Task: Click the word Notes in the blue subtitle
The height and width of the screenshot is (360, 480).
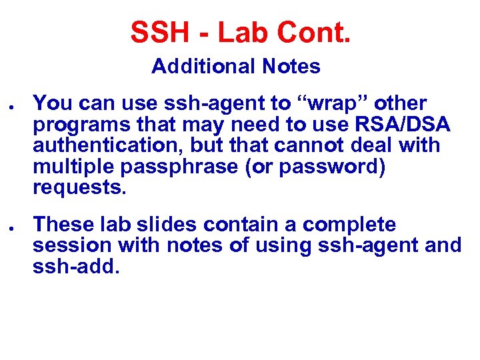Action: (x=291, y=67)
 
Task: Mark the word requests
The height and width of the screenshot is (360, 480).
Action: (x=79, y=187)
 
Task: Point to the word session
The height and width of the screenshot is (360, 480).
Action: (x=73, y=246)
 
